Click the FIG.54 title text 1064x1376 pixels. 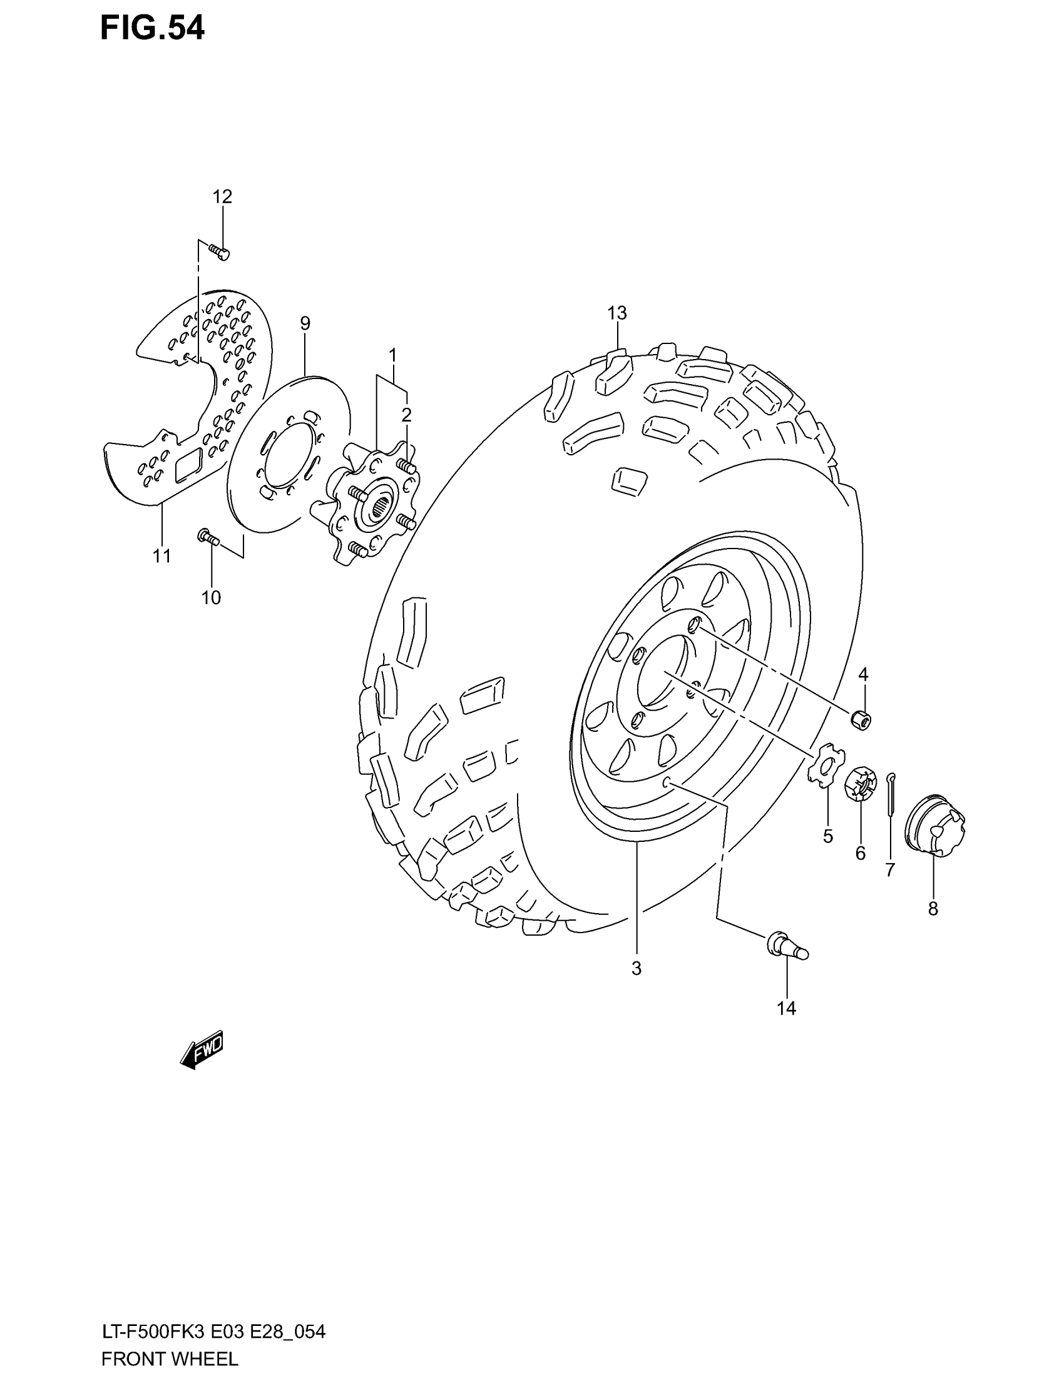click(153, 29)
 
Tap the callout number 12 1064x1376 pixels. click(222, 196)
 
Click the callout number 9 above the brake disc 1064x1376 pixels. click(305, 324)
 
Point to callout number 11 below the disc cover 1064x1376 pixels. click(162, 555)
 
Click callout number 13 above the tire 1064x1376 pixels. click(617, 313)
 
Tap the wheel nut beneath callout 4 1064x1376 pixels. click(861, 719)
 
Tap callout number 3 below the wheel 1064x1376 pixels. click(636, 968)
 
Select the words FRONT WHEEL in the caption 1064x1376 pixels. click(170, 1359)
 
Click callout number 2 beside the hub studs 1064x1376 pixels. click(407, 415)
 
